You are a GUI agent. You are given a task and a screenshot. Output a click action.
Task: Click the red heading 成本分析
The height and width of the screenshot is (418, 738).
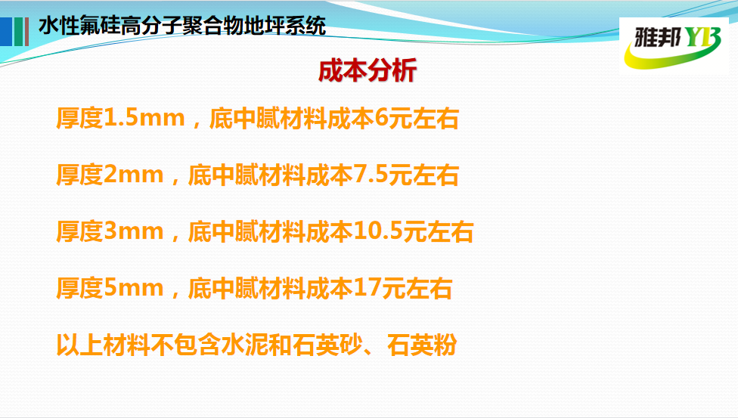click(x=367, y=71)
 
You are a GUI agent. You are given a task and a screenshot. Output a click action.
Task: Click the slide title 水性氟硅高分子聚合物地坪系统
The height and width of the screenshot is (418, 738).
click(x=182, y=26)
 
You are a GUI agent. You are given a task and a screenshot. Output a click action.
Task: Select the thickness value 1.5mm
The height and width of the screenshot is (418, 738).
click(x=144, y=118)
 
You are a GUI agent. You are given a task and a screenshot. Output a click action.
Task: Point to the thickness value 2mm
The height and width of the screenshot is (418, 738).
click(x=134, y=175)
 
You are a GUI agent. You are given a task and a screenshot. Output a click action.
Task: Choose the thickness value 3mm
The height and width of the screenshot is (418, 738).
click(x=134, y=231)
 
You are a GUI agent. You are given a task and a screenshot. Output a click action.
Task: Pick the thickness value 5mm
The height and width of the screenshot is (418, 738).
click(x=134, y=288)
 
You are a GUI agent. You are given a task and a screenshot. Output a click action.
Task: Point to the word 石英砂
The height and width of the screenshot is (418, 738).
click(x=327, y=345)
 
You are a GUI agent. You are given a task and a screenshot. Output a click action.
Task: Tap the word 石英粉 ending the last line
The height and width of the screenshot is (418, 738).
click(x=422, y=345)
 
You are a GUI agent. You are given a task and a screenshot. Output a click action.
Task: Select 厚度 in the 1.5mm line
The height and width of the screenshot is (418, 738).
click(x=79, y=118)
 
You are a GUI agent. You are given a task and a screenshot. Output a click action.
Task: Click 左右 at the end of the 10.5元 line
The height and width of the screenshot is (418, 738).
click(x=450, y=231)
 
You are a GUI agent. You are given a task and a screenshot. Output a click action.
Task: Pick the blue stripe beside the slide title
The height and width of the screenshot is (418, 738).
click(x=5, y=32)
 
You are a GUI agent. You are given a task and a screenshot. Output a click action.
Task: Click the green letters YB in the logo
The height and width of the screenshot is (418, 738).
click(x=702, y=37)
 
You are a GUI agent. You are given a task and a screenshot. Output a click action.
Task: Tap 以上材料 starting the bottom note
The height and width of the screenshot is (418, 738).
click(x=103, y=345)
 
